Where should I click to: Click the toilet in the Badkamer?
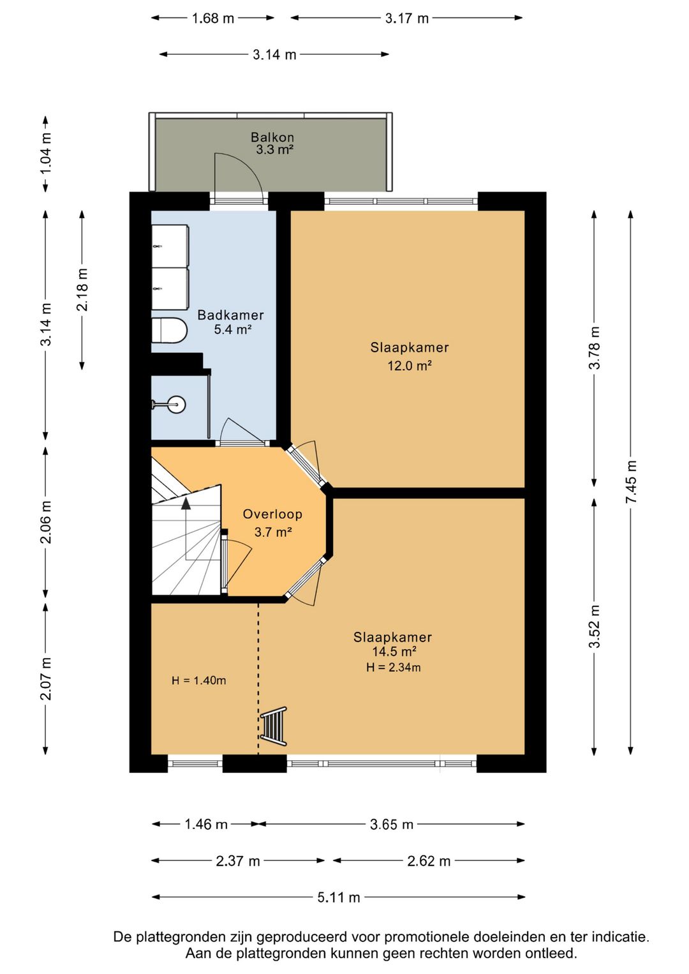click(x=169, y=331)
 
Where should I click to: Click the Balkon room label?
click(x=272, y=137)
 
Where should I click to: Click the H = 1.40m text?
click(x=198, y=680)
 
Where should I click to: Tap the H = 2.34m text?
click(x=394, y=667)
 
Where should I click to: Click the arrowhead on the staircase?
click(x=186, y=503)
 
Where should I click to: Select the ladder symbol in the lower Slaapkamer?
click(x=274, y=726)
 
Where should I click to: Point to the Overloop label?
click(x=272, y=514)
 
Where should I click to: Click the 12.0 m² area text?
click(x=410, y=366)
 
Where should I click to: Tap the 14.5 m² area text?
click(x=394, y=652)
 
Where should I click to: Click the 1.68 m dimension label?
click(x=212, y=19)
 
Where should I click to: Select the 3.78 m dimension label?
click(x=594, y=348)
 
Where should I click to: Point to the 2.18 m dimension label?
click(x=82, y=289)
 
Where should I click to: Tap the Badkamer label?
click(x=230, y=315)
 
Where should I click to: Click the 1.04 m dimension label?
click(x=46, y=153)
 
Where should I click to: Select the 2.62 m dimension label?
click(x=429, y=861)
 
